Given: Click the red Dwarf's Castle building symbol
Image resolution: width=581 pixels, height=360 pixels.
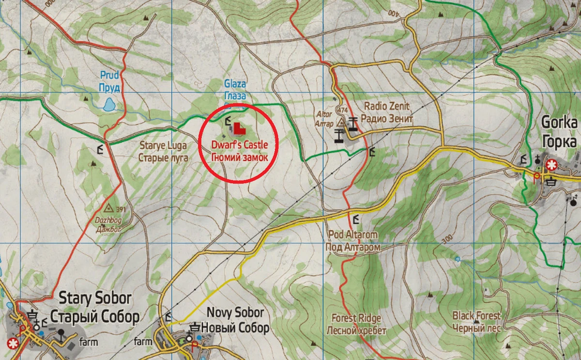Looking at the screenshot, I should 238,129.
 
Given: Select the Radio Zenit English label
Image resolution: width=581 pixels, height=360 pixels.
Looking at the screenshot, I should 386,106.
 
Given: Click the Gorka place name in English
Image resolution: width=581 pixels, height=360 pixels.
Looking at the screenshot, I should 560,122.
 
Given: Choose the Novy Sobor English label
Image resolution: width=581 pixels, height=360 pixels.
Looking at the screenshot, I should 235,313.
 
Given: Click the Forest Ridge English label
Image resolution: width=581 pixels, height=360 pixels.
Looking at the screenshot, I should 356,318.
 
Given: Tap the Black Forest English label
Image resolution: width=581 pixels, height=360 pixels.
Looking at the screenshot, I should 476,316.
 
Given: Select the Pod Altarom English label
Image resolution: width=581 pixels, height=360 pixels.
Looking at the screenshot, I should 352,235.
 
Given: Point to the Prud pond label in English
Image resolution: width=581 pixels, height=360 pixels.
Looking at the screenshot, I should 110,75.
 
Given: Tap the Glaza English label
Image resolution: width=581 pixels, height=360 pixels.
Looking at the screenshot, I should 235,83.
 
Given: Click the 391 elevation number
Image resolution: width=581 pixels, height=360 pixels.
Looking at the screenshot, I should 121,209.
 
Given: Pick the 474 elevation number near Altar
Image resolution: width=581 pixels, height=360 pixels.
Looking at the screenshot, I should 344,110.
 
